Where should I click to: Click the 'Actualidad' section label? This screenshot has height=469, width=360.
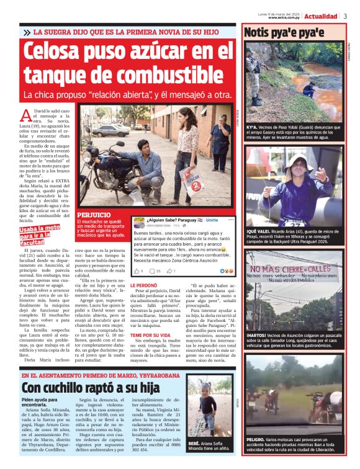click(321, 16)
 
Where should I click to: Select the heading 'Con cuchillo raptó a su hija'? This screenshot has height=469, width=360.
click(94, 388)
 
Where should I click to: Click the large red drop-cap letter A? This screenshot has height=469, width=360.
click(25, 115)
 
